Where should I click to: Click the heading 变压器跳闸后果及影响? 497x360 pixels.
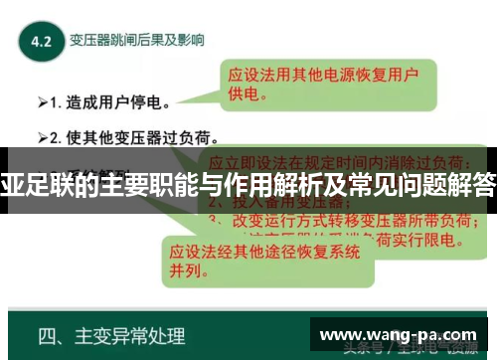pyautogui.click(x=136, y=41)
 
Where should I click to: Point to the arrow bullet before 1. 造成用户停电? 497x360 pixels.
pyautogui.click(x=44, y=101)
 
